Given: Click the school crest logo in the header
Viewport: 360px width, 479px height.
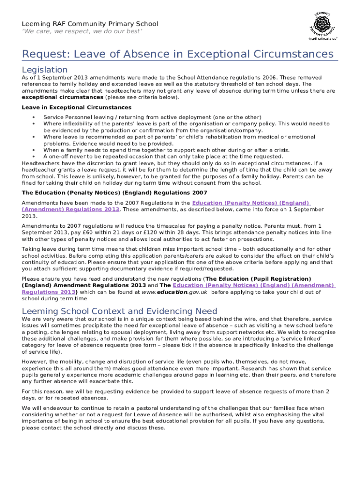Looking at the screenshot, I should coord(323,26).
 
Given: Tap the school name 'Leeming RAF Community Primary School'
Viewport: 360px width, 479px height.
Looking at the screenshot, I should coord(90,24).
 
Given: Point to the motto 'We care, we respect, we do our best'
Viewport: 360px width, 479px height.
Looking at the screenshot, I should coord(82,31).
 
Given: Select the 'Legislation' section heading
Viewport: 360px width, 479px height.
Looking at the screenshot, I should coord(45,70).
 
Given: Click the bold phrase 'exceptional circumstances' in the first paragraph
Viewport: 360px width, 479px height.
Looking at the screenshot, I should coord(63,97).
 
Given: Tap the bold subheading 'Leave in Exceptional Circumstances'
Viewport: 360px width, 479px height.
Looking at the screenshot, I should coord(77,107).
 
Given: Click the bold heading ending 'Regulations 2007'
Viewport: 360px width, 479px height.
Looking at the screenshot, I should coord(115,193).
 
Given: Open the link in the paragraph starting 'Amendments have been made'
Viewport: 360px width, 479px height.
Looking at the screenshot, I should coord(251,203).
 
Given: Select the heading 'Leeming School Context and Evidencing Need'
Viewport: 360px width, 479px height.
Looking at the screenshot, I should coord(113,311).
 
